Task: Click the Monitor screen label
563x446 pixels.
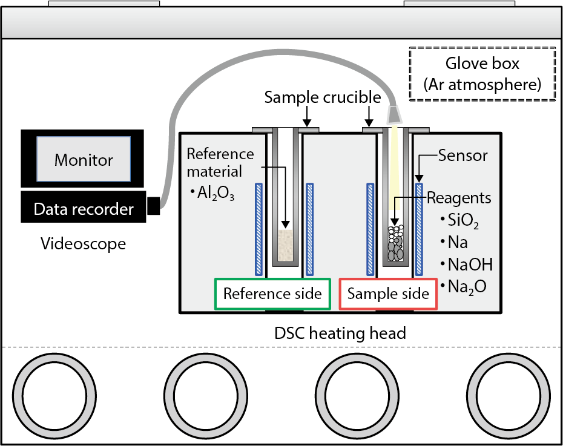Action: point(84,160)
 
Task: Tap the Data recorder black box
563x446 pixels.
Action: point(84,207)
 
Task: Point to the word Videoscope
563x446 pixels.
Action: point(84,244)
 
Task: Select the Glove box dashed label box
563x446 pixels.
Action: point(482,74)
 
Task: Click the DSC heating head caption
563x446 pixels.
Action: point(340,333)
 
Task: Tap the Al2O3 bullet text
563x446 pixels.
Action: point(212,194)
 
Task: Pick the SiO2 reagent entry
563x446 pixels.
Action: point(460,220)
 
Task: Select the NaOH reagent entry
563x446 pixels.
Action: point(466,264)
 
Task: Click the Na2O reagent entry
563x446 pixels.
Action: point(464,287)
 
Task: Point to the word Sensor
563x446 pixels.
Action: point(463,156)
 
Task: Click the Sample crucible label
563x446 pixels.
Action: point(323,97)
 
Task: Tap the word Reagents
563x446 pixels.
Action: point(459,198)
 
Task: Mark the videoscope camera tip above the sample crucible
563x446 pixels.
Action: point(394,114)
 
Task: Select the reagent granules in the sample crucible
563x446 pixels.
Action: point(395,243)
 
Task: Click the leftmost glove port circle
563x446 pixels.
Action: point(54,395)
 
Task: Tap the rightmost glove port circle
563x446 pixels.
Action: point(508,395)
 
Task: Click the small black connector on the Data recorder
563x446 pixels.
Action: point(153,206)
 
